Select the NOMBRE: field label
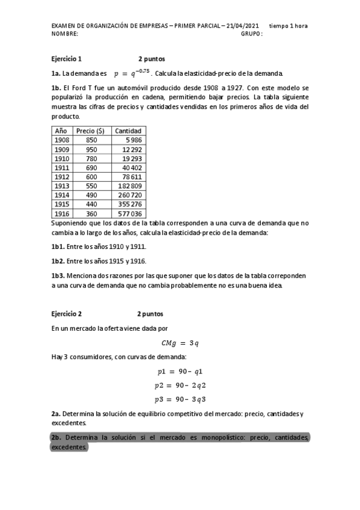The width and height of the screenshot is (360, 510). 65,34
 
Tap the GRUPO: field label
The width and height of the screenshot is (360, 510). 252,34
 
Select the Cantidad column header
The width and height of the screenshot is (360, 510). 128,131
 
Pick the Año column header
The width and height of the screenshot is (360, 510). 61,131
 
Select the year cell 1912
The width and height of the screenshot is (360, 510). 62,177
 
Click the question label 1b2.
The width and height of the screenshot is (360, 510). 59,261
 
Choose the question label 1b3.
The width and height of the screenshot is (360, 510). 59,275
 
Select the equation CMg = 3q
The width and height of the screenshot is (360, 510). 180,343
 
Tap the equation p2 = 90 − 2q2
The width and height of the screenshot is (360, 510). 180,385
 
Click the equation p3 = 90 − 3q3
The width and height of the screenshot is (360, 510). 180,399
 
